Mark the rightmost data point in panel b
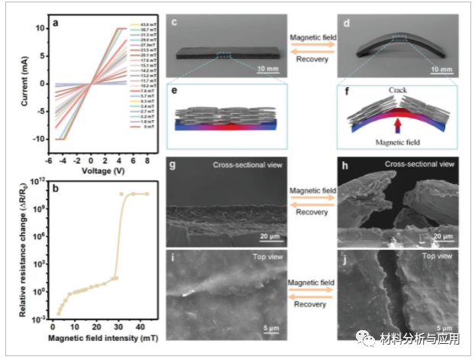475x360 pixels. point(147,194)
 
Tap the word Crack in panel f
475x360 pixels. point(397,90)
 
